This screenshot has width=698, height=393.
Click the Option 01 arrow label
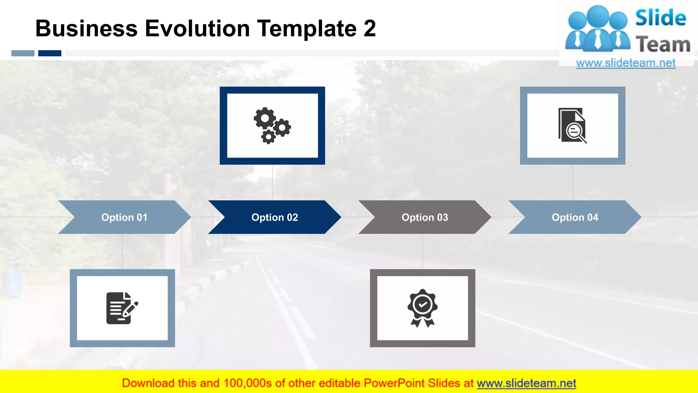[124, 217]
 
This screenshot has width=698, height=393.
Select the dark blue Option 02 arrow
[275, 217]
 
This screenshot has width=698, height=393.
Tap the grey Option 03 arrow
[425, 217]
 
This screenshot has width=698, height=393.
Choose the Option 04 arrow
[575, 217]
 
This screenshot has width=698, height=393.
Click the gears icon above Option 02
[272, 126]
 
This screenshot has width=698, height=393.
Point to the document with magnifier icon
[572, 126]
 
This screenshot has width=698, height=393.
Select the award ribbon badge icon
[422, 308]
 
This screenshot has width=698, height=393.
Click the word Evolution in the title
[197, 28]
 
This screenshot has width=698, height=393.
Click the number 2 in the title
[369, 28]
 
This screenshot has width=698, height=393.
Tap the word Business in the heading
[86, 28]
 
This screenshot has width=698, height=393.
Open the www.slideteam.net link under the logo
[626, 63]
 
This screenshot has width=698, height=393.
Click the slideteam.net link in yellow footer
[526, 383]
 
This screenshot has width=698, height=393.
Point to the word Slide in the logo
[661, 18]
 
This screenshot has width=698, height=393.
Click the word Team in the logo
[663, 45]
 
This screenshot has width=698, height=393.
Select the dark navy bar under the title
[50, 53]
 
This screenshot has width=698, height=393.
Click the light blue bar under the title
[23, 53]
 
